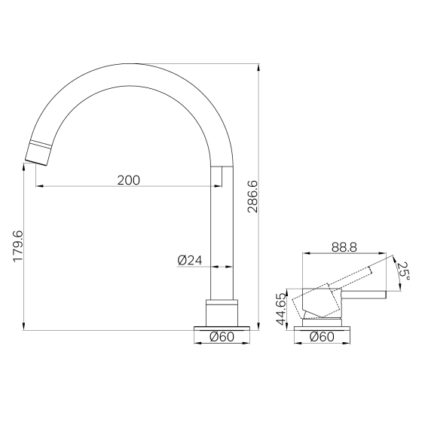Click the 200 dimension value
(129, 180)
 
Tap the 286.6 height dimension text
(252, 197)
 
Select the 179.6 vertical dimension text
(18, 246)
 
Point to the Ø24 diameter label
(190, 260)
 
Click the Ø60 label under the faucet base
(222, 337)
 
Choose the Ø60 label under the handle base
(323, 337)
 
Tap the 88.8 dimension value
(344, 247)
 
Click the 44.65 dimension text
(280, 309)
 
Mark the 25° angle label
(403, 271)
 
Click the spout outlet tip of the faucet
(37, 163)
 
